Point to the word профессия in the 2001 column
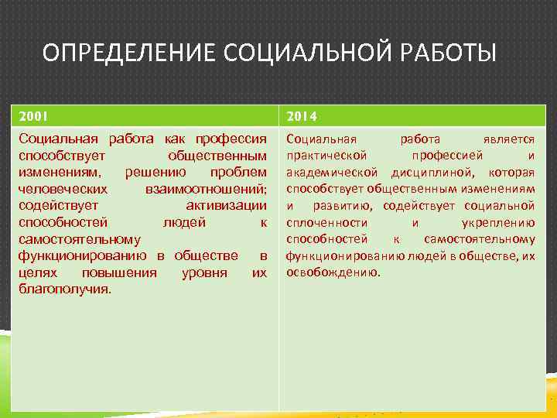point(231,139)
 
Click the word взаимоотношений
point(206,188)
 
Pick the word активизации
point(226,205)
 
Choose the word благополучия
point(64,290)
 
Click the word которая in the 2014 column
point(511,172)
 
